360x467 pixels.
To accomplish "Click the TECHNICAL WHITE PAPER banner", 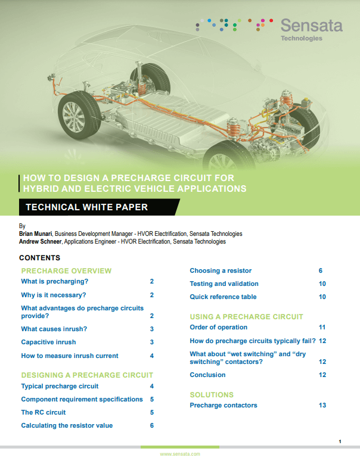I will [x=83, y=207].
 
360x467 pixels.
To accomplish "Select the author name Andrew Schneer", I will [x=40, y=242].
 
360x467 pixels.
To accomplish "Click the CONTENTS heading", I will [x=40, y=258].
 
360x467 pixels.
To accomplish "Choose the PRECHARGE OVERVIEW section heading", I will [x=66, y=271].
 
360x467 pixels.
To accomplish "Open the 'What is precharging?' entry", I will [x=54, y=281].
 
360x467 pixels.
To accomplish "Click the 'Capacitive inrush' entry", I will [x=49, y=342].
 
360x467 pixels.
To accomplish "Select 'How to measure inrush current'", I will [x=70, y=356].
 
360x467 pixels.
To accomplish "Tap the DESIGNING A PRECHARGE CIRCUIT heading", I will [x=87, y=375].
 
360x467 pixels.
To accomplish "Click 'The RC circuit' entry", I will [x=44, y=412].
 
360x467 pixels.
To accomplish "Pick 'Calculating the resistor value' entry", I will [x=67, y=425].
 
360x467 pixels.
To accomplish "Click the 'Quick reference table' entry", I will [x=223, y=297].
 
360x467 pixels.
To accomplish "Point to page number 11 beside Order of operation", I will [x=322, y=327].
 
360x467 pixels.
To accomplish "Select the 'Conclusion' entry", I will [x=207, y=375].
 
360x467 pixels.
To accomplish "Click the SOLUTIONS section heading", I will [x=212, y=395].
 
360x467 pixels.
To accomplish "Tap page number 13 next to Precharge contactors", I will [x=322, y=405].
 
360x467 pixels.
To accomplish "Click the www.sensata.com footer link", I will [x=180, y=454].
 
